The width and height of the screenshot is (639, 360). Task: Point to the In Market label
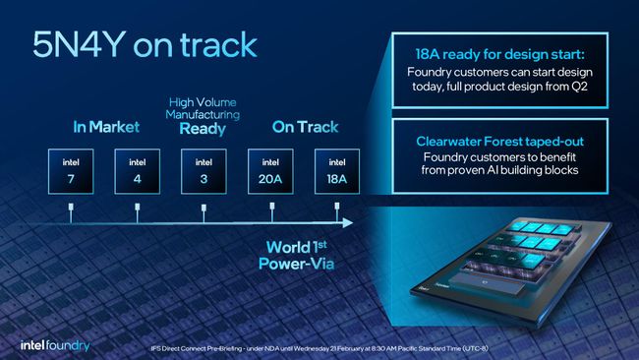tap(105, 127)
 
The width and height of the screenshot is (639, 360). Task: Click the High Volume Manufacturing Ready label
tap(203, 115)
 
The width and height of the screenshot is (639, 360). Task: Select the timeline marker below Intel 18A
tap(335, 209)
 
